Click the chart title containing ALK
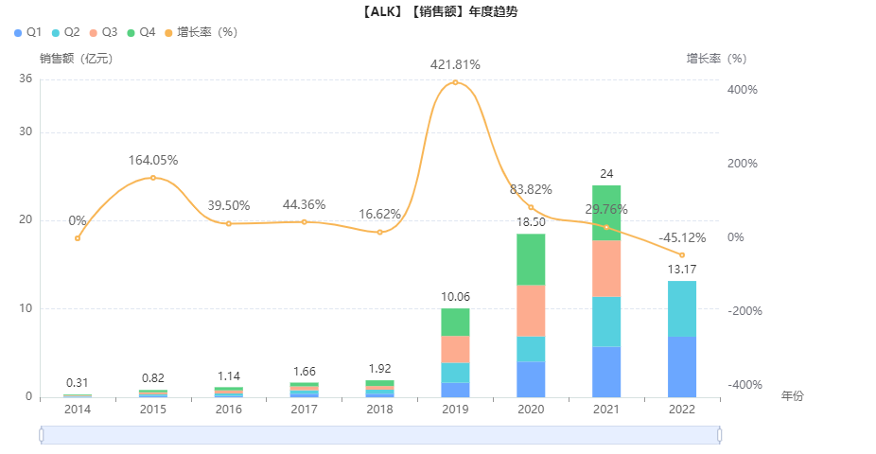[439, 12]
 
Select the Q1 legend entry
[28, 32]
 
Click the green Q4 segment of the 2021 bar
[606, 213]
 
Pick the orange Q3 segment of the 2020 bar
[531, 310]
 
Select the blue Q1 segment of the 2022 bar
[682, 366]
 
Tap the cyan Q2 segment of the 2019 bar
[455, 373]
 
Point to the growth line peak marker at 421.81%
[455, 82]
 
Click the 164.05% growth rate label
[153, 160]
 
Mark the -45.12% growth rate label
[679, 237]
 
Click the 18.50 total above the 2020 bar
[531, 221]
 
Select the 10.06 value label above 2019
[455, 297]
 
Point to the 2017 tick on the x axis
[304, 410]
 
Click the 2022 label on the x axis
[682, 410]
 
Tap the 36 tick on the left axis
[26, 79]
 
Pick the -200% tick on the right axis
[745, 311]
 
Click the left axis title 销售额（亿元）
[76, 59]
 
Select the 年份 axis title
[792, 396]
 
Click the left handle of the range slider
[42, 435]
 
